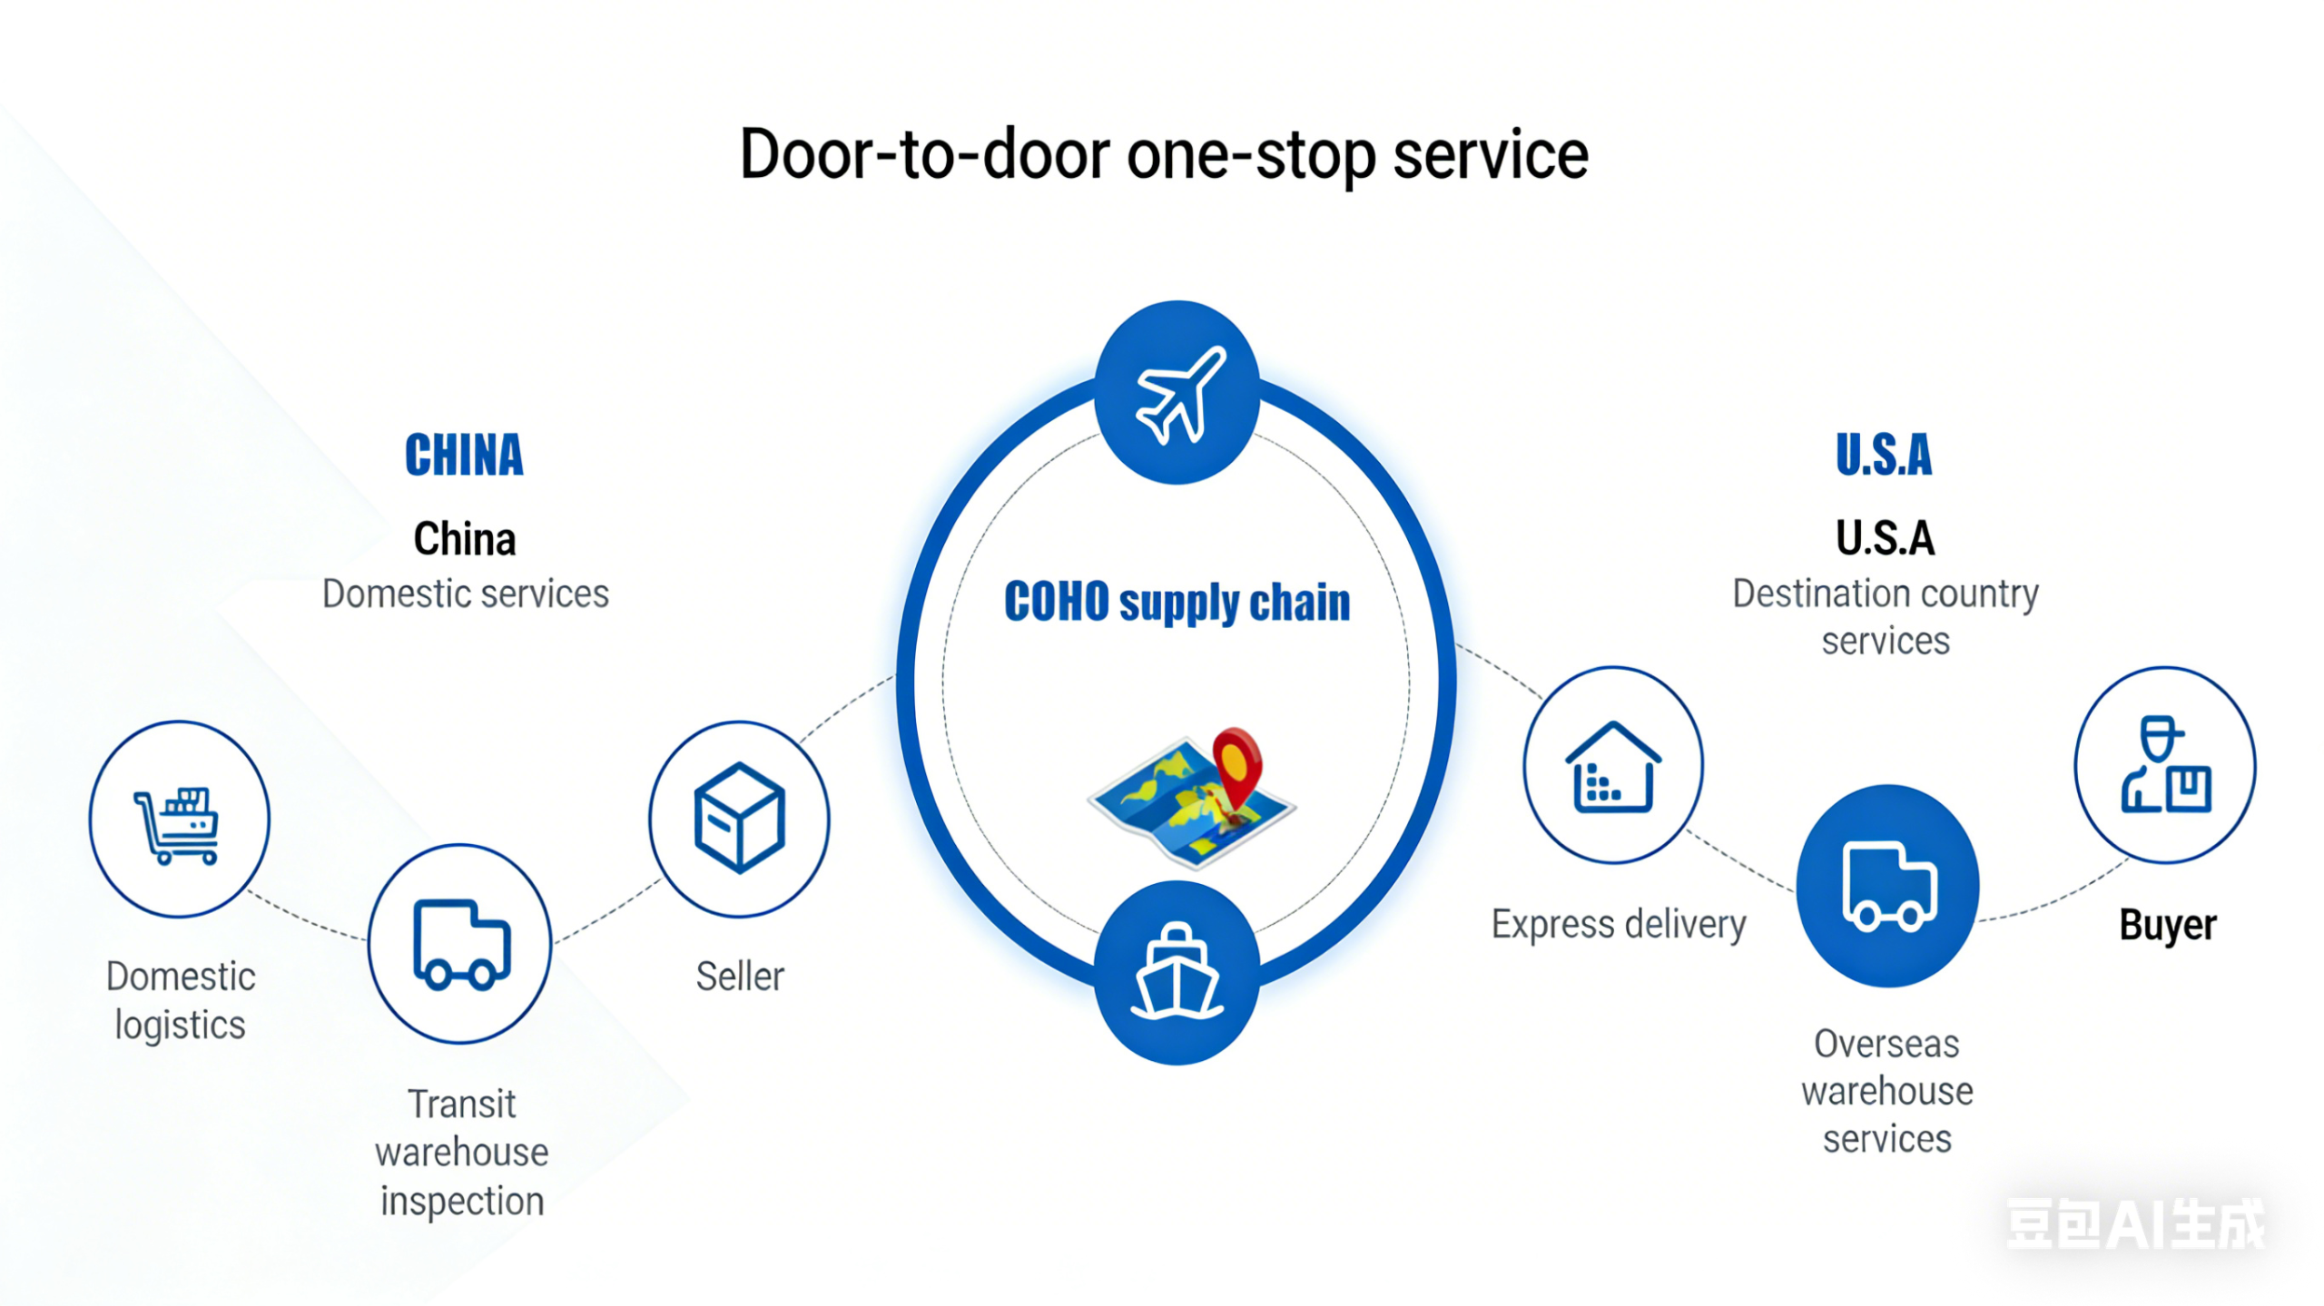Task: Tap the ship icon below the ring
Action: click(1177, 973)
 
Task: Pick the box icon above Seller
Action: click(739, 817)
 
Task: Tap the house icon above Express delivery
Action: click(1612, 767)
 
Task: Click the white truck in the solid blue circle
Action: click(1888, 886)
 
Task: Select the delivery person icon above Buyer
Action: click(2164, 765)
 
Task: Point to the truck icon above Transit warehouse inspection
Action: click(460, 944)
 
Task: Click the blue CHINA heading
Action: click(464, 455)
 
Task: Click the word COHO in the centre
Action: click(1056, 602)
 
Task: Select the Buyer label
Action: click(2167, 925)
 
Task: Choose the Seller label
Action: click(740, 977)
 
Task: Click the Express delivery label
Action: click(1619, 924)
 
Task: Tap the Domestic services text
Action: click(465, 594)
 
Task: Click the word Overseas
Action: click(1886, 1044)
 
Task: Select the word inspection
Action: click(462, 1201)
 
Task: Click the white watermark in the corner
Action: click(2135, 1223)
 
